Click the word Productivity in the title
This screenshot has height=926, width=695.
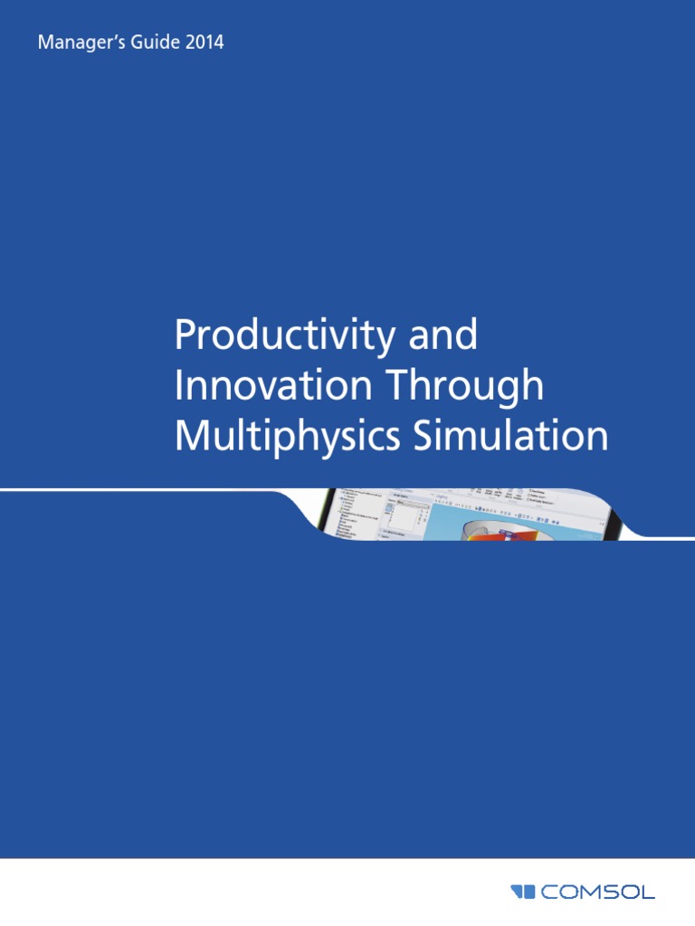(281, 337)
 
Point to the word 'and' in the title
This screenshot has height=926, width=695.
(443, 336)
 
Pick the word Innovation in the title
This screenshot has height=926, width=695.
(272, 386)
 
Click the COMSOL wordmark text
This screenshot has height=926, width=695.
(597, 892)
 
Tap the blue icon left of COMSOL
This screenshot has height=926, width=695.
(523, 892)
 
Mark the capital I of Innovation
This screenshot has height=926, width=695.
(179, 386)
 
